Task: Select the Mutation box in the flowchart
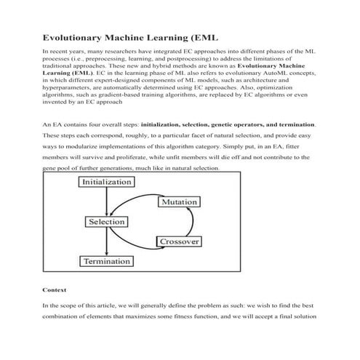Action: click(x=179, y=201)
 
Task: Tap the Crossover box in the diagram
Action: click(x=177, y=241)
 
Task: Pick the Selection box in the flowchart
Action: click(x=105, y=221)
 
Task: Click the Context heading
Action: click(x=55, y=289)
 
